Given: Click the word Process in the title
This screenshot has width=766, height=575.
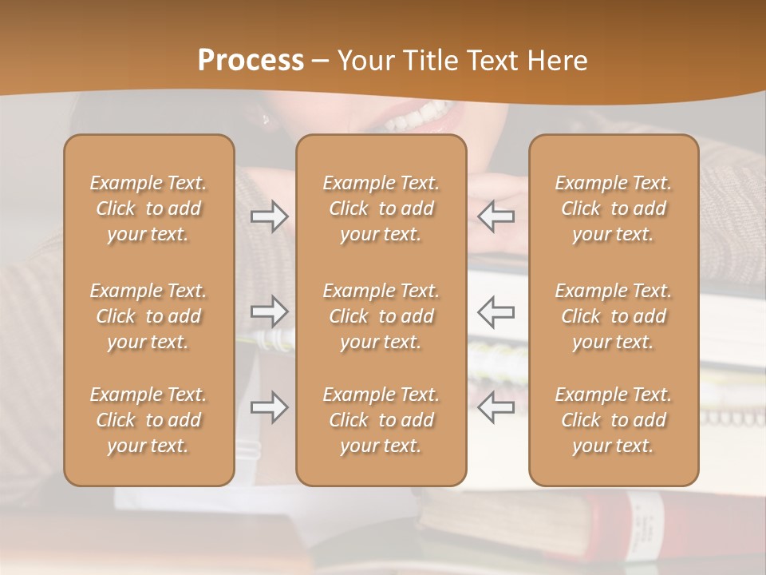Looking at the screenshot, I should (251, 61).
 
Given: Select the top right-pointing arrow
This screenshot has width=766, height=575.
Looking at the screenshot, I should (269, 216).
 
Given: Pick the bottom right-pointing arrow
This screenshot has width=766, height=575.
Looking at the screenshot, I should (269, 407).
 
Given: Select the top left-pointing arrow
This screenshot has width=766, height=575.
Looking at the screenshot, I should (496, 216).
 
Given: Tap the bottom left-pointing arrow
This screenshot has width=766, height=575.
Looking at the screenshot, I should (496, 407).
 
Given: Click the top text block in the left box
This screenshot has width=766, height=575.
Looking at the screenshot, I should (148, 208).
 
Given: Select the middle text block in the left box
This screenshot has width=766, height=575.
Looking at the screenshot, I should (148, 316).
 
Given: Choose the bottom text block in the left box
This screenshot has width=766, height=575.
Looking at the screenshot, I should (148, 420).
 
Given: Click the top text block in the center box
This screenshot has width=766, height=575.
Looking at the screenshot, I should (381, 208).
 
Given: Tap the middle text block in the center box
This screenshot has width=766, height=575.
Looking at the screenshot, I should (381, 316).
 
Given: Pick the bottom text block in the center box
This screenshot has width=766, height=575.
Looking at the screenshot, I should (381, 420).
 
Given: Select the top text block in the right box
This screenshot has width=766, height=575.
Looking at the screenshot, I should (613, 208).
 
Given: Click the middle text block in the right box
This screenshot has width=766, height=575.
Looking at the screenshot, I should (613, 316).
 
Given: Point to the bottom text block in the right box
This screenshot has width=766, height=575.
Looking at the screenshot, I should (613, 420).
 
